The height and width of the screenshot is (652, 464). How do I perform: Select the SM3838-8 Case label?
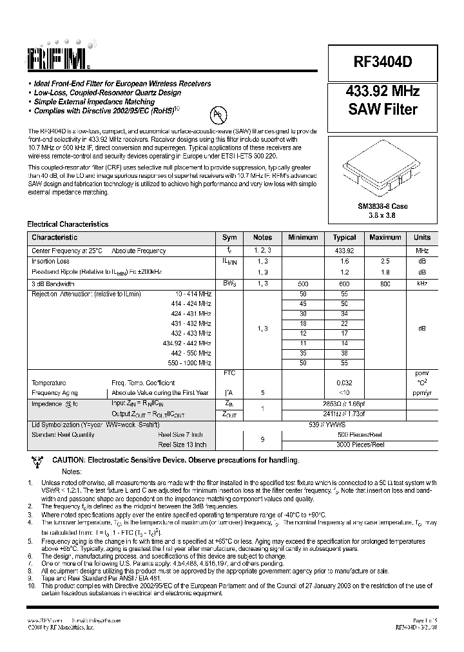point(382,206)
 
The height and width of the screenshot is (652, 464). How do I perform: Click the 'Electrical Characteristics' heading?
point(68,224)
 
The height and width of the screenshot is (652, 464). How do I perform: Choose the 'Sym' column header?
point(229,237)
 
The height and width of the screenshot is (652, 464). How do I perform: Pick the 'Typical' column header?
point(345,237)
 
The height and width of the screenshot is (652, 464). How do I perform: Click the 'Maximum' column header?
point(385,237)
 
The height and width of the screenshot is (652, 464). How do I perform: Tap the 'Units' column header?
point(422,237)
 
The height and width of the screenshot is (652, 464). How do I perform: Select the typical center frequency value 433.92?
point(345,251)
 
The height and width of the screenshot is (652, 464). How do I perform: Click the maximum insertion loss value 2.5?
point(385,262)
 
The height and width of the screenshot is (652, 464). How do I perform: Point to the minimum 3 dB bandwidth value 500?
point(303,283)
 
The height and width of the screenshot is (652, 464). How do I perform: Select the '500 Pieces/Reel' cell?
point(360,435)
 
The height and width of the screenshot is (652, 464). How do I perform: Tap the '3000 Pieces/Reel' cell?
point(360,445)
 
